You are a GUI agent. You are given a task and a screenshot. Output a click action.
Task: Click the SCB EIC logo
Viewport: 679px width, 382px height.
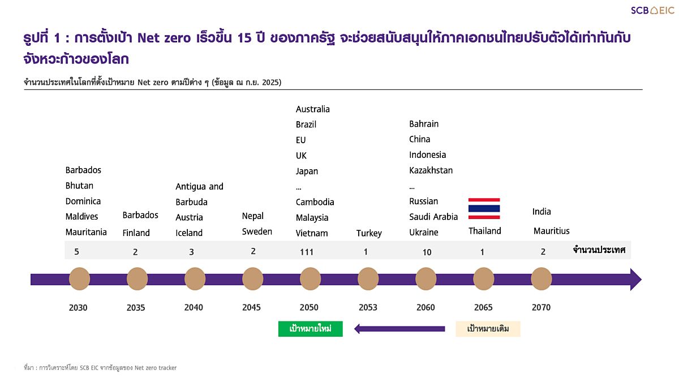pos(652,10)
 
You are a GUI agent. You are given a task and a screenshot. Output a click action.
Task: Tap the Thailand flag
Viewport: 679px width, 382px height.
pos(484,209)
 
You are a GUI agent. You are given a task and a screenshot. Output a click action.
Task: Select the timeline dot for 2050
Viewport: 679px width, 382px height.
pos(310,279)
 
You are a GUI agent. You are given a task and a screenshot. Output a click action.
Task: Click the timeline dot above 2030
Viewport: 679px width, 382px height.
pos(79,279)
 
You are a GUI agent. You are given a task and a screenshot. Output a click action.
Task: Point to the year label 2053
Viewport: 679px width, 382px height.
pos(368,307)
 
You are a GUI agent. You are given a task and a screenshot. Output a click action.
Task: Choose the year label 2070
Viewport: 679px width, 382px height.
pos(541,307)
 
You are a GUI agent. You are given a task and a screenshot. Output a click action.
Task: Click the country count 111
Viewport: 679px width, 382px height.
pos(307,252)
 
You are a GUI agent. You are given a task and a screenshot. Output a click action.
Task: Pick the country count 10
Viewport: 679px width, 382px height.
pos(427,252)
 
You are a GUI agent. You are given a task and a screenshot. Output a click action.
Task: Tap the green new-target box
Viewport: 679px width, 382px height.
pos(311,329)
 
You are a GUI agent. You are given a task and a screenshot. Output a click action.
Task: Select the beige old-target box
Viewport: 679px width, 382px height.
pos(488,329)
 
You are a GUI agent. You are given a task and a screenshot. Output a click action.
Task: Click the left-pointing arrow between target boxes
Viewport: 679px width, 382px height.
pos(399,329)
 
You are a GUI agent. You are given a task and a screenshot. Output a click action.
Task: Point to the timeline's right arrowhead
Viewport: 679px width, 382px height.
pos(635,279)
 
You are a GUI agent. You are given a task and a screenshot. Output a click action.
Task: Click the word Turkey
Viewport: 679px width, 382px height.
pos(369,233)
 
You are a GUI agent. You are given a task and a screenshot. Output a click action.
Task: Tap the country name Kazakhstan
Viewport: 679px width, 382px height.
pos(431,170)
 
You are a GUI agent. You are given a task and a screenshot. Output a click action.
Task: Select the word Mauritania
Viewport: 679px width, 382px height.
pos(86,232)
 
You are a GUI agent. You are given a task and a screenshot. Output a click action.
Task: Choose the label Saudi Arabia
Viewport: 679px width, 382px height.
pos(433,217)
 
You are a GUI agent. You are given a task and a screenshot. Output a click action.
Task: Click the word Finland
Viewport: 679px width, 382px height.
pos(136,233)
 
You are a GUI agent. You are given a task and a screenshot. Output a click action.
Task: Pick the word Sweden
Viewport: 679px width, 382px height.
pos(257,231)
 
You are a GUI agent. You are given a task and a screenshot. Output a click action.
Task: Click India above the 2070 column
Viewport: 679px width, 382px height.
pos(542,212)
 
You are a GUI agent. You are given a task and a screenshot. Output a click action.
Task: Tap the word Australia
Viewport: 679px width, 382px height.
pos(312,109)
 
